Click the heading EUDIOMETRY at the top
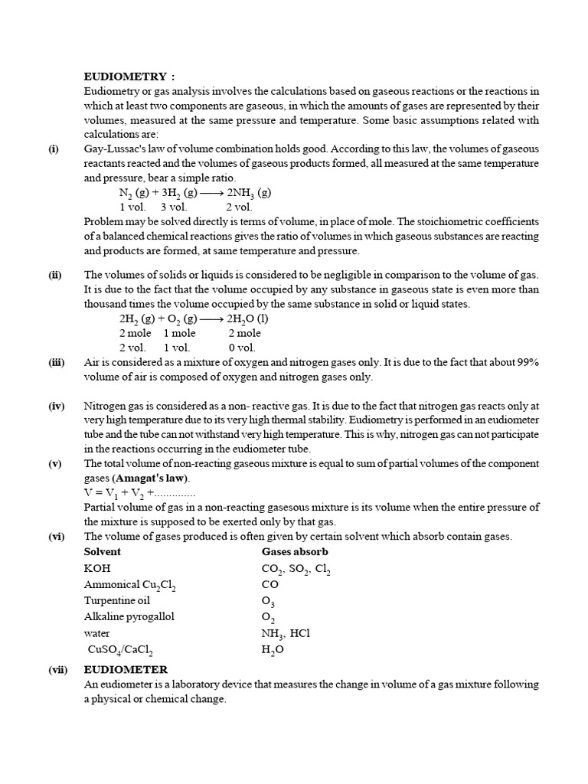point(129,77)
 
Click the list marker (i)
point(54,149)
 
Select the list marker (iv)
point(56,406)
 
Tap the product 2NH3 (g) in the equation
point(249,193)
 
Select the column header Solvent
point(103,551)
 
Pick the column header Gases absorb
point(296,551)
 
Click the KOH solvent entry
point(97,569)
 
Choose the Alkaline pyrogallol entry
point(129,616)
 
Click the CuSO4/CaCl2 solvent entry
point(120,650)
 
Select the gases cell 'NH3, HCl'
point(286,634)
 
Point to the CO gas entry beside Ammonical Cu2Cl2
point(270,585)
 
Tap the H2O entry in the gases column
point(273,650)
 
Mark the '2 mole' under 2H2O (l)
point(244,333)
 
